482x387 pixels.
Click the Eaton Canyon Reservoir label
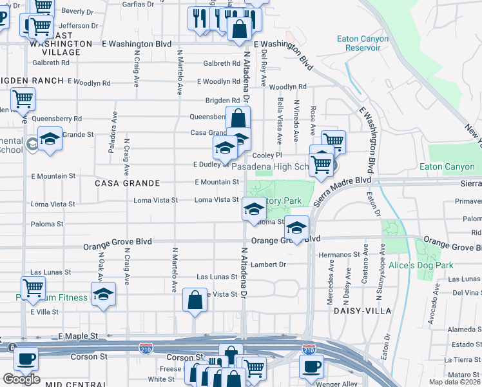pyautogui.click(x=363, y=43)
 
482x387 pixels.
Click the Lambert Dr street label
pyautogui.click(x=268, y=264)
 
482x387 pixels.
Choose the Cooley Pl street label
pyautogui.click(x=267, y=155)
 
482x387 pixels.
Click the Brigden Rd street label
pyautogui.click(x=222, y=101)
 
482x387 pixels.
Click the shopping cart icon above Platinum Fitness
pyautogui.click(x=33, y=287)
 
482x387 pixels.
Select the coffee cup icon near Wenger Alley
pyautogui.click(x=311, y=366)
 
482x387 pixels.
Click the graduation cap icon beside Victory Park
pyautogui.click(x=254, y=208)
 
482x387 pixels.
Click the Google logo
pyautogui.click(x=21, y=379)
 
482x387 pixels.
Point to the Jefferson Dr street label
pyautogui.click(x=78, y=26)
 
